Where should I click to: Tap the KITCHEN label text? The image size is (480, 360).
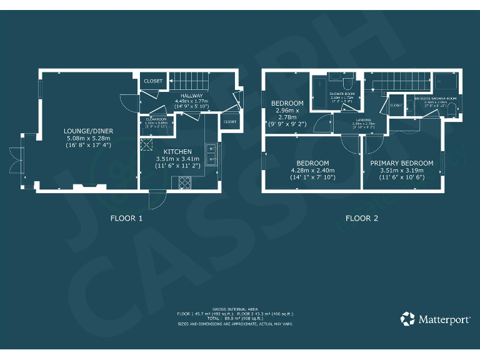coord(178,152)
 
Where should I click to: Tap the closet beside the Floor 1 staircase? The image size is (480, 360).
coord(153,81)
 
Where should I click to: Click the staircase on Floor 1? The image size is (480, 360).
coord(187,80)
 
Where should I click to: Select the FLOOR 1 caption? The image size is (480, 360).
coord(127,219)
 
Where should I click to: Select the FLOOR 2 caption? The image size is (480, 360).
coord(362,219)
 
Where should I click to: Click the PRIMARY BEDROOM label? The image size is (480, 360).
coord(402,163)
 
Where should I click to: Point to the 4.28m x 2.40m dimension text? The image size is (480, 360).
coord(313,171)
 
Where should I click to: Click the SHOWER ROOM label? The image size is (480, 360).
coord(342,94)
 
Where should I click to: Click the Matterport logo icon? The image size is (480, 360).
coord(407,319)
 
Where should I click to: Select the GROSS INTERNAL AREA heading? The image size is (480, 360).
coord(235,309)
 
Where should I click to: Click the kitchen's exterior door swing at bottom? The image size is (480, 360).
coord(156,201)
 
